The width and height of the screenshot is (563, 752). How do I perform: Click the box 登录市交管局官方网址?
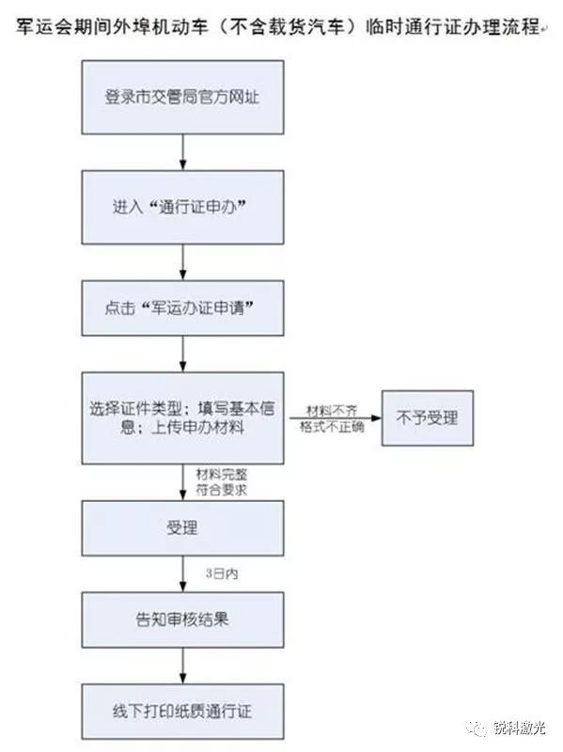point(182,98)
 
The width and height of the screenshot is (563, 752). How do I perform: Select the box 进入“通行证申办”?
point(182,207)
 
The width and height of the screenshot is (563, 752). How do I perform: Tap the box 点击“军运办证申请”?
point(182,308)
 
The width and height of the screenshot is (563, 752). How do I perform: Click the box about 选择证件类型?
point(182,417)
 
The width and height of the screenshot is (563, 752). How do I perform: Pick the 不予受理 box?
point(428,417)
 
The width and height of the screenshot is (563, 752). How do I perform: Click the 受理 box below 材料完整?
point(182,528)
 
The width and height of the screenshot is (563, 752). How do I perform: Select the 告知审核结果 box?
point(182,619)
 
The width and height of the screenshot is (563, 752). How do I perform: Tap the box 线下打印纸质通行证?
point(182,712)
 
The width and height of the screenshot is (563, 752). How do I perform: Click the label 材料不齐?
point(332,411)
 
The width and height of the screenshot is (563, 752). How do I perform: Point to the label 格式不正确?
point(332,427)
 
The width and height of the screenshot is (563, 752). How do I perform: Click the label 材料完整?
point(222,475)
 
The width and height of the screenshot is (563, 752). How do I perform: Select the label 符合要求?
point(222,490)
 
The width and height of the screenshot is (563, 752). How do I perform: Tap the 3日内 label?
point(222,573)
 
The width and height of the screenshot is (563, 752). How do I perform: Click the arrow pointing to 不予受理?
point(336,418)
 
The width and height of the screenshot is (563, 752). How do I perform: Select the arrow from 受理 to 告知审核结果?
point(182,574)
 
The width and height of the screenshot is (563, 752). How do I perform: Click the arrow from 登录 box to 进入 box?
point(182,152)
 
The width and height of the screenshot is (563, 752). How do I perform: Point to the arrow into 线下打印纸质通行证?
point(182,666)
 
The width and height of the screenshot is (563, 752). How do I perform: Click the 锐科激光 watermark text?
point(520,728)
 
